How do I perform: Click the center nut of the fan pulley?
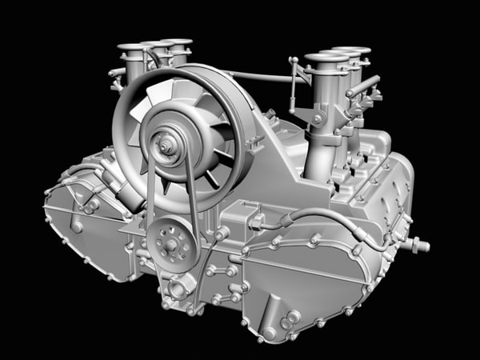tap(168, 146)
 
